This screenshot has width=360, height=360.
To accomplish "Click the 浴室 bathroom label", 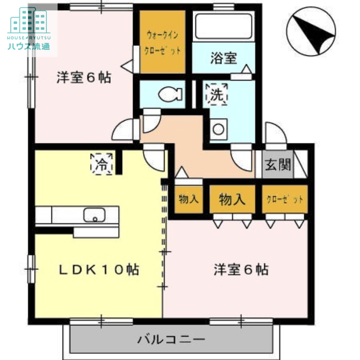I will (x=224, y=58).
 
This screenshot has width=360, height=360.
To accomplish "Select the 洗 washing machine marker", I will (x=217, y=94).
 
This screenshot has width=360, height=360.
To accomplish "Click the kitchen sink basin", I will (x=94, y=215).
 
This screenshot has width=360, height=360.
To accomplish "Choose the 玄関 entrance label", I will (x=278, y=165).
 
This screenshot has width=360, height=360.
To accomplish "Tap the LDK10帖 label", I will (x=99, y=270).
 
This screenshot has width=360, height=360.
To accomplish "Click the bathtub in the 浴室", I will (x=223, y=27).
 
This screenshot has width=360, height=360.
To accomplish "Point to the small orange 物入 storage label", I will (x=189, y=199).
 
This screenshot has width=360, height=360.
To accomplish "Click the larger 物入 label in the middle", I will (x=232, y=199).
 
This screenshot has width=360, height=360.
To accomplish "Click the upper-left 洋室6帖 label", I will (x=84, y=77).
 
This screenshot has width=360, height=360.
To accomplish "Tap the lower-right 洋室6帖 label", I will (x=241, y=270).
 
